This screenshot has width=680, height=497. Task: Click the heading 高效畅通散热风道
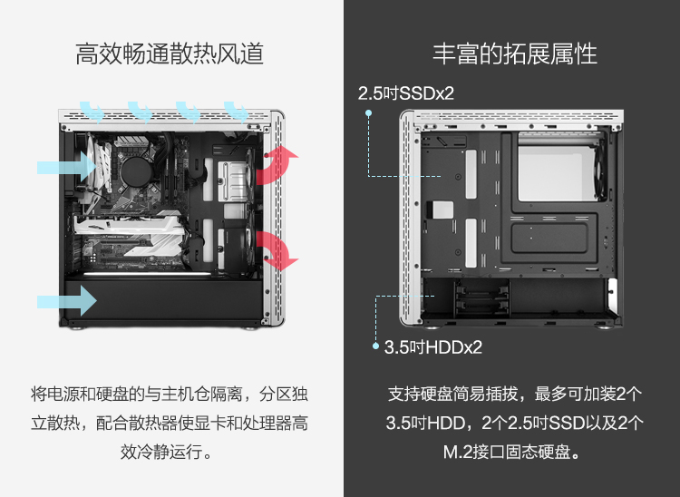[170, 54]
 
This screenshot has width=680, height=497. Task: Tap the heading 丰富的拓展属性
[515, 54]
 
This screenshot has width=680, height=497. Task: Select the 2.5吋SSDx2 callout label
[406, 93]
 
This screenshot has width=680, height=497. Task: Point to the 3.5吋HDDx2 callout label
[433, 347]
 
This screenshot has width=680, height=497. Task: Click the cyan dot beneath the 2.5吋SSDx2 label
[369, 113]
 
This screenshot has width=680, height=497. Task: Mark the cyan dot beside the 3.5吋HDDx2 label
[376, 346]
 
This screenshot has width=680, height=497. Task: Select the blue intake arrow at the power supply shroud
[66, 300]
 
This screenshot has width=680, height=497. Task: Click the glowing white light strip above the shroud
[148, 274]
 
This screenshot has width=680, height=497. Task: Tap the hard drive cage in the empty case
[481, 298]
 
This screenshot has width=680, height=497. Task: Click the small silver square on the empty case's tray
[440, 210]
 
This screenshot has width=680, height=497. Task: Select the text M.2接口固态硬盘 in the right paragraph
[507, 452]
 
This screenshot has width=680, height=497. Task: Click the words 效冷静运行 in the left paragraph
[161, 452]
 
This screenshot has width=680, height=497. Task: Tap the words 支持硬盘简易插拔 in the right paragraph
[452, 394]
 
